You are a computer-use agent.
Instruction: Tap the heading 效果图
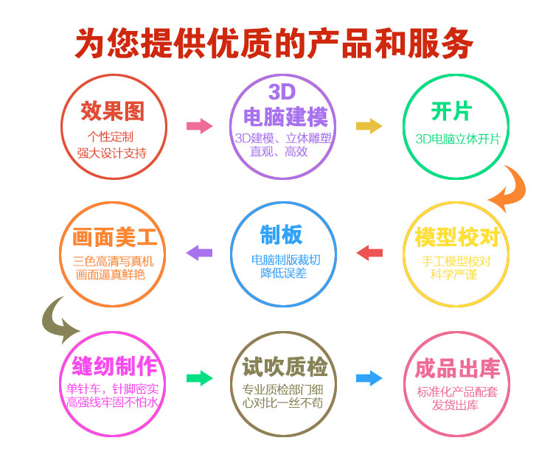pyautogui.click(x=113, y=111)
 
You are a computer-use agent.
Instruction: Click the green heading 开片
pyautogui.click(x=451, y=111)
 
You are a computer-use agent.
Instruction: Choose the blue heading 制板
pyautogui.click(x=281, y=235)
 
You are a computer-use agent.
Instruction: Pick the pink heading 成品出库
pyautogui.click(x=457, y=367)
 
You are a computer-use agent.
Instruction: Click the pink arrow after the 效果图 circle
pyautogui.click(x=198, y=125)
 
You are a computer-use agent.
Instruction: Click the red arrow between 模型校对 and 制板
pyautogui.click(x=369, y=253)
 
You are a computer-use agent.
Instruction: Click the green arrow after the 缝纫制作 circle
pyautogui.click(x=198, y=379)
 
